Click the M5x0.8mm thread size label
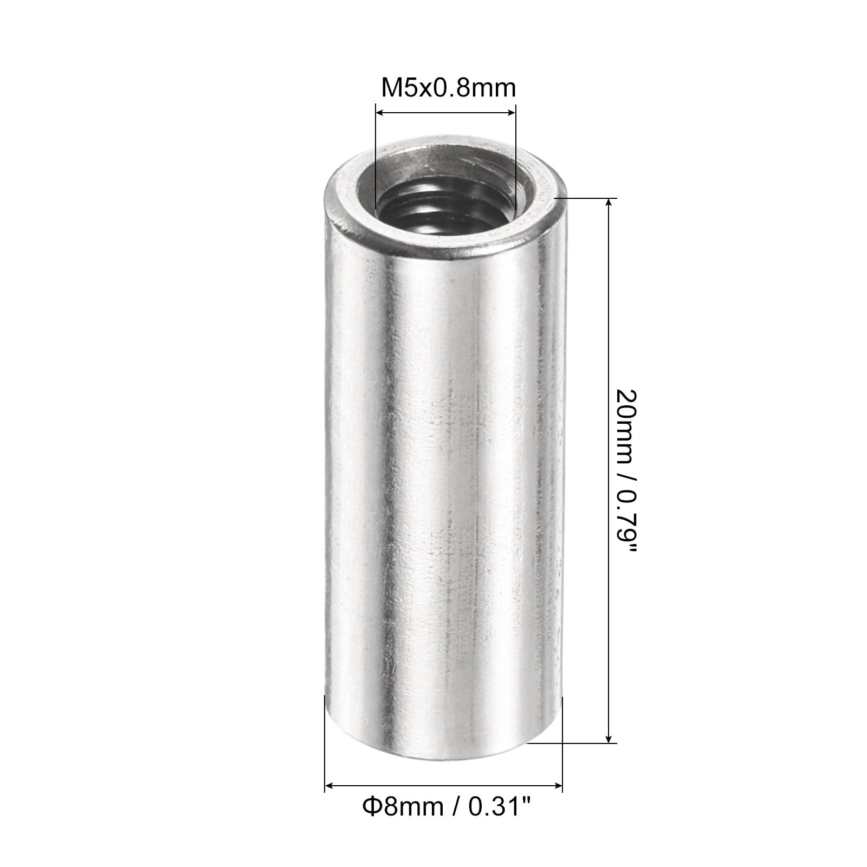click(449, 88)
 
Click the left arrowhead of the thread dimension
click(380, 113)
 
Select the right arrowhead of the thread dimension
click(511, 113)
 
